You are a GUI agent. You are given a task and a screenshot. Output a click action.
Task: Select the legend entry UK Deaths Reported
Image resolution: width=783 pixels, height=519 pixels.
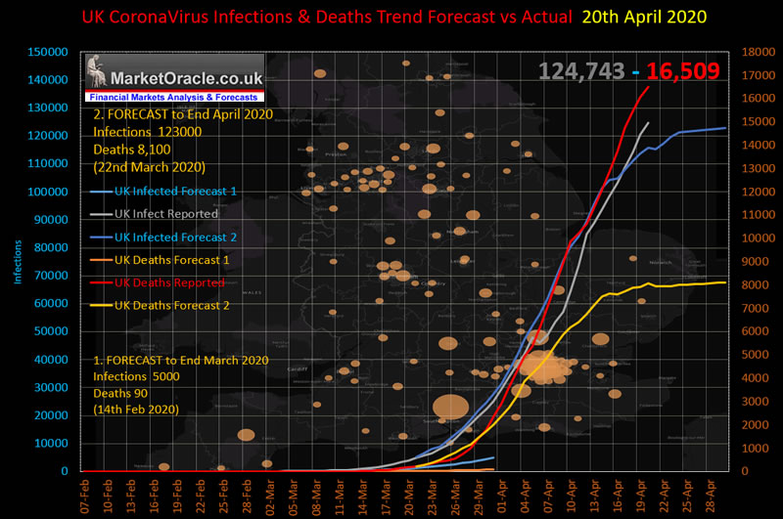[x=170, y=282]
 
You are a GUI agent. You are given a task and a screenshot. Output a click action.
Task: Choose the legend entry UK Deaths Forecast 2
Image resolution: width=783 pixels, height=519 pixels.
[x=173, y=306]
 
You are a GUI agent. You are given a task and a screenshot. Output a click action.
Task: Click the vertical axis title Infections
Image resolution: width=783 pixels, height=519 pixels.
[x=17, y=258]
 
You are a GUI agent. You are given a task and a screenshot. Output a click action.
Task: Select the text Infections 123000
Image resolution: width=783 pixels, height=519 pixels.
[x=148, y=132]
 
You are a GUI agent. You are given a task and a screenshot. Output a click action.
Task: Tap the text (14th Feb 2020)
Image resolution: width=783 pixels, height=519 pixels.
[x=136, y=410]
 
